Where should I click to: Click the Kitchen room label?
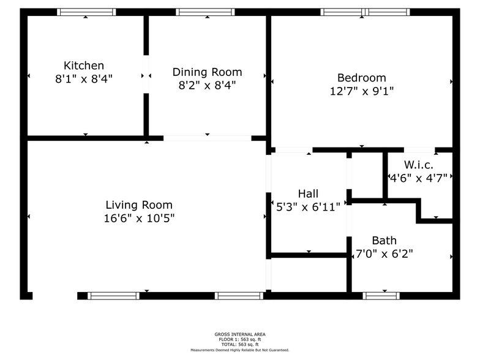(83, 66)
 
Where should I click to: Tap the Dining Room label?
(207, 72)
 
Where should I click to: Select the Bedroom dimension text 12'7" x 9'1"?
(361, 91)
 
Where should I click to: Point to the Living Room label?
(139, 204)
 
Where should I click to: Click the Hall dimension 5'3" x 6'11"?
(309, 207)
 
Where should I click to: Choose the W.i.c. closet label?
(419, 165)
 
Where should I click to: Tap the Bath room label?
(384, 240)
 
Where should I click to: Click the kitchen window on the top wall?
(86, 12)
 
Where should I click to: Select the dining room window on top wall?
(205, 12)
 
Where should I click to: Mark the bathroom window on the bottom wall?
(381, 296)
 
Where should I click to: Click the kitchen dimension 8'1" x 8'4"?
(83, 79)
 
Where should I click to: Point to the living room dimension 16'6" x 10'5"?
(139, 218)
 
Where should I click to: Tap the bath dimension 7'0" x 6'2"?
(384, 253)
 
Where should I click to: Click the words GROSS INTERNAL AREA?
(240, 334)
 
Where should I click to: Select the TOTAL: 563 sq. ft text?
(240, 344)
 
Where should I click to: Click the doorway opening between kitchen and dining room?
(146, 75)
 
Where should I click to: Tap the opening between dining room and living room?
(207, 138)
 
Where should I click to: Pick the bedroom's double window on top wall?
(365, 12)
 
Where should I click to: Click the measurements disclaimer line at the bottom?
(240, 350)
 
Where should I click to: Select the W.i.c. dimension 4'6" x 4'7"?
(419, 178)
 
